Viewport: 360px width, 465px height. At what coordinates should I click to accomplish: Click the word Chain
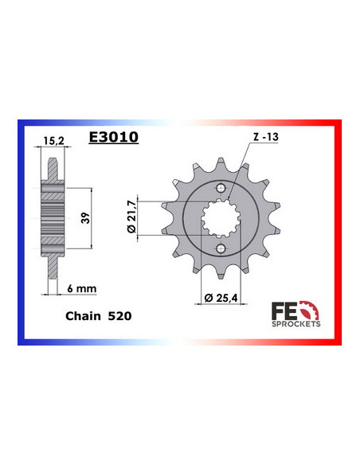[82, 316]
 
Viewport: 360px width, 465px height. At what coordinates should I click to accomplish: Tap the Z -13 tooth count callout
[265, 138]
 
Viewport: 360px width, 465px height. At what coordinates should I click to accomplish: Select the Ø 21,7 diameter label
[133, 217]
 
